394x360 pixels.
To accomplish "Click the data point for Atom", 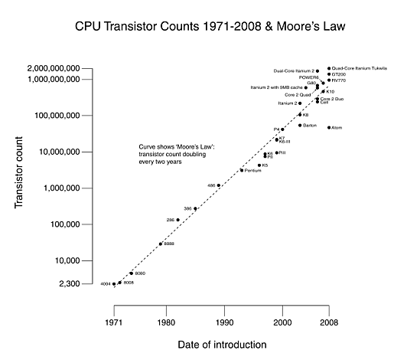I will [x=329, y=127].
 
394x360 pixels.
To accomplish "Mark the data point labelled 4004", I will [x=114, y=284].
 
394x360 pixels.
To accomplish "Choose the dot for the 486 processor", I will [x=219, y=185].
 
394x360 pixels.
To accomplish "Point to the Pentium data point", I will [x=242, y=170].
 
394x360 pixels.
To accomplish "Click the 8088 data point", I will [x=161, y=244].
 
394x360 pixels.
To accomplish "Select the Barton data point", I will [x=300, y=125].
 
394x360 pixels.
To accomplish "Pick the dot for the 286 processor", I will [x=178, y=220].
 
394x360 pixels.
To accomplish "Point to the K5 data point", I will [x=259, y=165].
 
